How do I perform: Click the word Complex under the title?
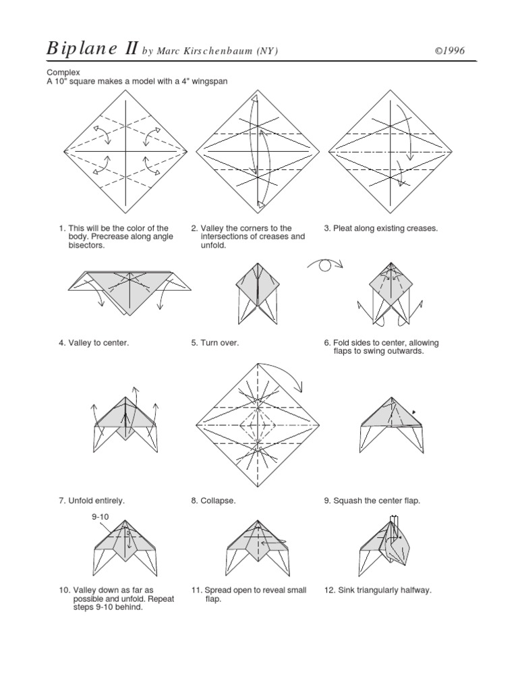coord(63,72)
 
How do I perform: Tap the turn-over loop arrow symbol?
coord(324,265)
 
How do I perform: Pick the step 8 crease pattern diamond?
coord(258,425)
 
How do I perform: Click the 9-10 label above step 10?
coord(100,517)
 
